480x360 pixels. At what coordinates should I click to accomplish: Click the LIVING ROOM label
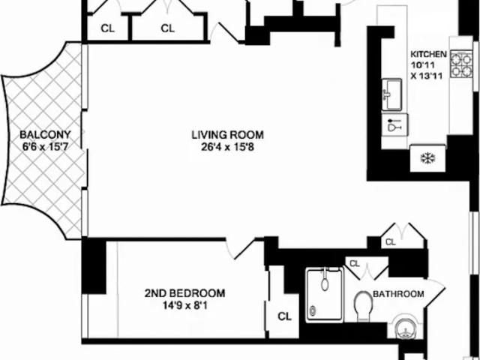227,135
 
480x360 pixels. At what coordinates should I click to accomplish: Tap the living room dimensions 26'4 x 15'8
227,147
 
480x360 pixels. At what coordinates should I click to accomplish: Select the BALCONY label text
45,134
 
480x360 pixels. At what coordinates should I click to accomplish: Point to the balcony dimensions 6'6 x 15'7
45,147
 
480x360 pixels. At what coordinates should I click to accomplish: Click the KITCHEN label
428,54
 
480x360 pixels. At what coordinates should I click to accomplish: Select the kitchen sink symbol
391,94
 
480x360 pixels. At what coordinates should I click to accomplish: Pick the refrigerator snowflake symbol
428,158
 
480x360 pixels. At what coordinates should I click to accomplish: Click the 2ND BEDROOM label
184,293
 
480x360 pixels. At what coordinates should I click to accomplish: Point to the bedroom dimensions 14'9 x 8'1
185,305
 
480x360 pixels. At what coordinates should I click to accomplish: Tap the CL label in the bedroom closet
284,316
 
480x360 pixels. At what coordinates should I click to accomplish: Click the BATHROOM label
398,294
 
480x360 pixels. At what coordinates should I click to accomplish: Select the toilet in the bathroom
363,306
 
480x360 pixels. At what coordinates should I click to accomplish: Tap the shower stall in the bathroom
325,295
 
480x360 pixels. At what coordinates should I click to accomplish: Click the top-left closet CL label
107,28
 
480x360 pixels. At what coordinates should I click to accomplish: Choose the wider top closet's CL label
167,28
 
